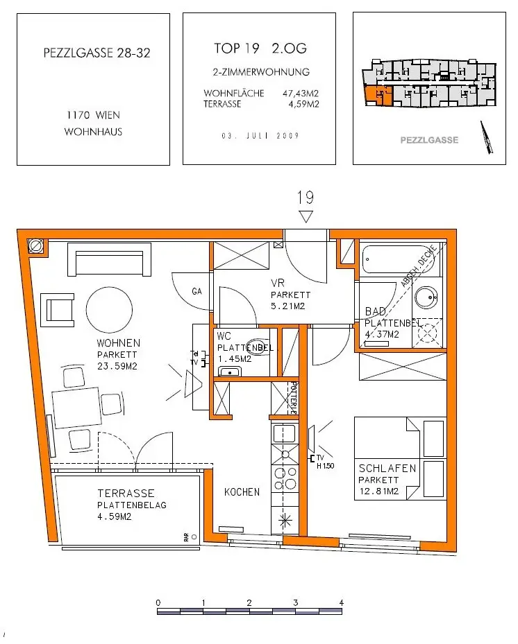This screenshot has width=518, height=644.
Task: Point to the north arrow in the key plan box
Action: point(488,137)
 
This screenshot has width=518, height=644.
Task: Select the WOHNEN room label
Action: point(118,342)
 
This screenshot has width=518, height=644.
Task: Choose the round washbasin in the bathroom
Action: point(425,299)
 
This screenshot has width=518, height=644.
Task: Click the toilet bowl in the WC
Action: point(258,350)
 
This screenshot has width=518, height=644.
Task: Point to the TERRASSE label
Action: point(126,494)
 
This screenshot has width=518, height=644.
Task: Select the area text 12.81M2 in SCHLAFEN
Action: point(378,491)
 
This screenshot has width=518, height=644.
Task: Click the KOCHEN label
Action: point(242,492)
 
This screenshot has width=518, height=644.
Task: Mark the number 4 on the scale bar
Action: point(341,602)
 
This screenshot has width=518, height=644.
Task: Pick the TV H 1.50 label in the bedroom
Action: point(325,462)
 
